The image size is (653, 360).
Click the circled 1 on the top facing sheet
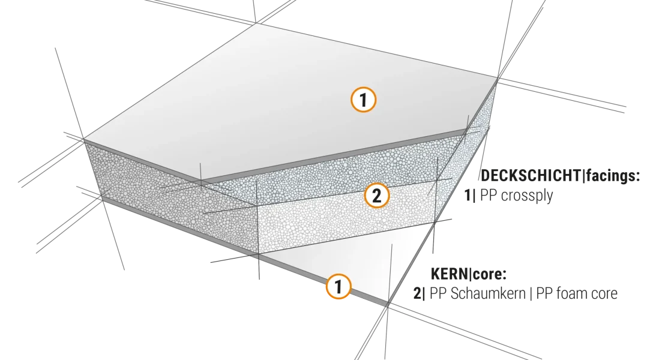click(363, 100)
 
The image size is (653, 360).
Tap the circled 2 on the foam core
click(376, 196)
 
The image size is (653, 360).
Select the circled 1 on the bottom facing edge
click(338, 286)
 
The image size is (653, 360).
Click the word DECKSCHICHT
click(531, 176)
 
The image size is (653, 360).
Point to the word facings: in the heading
click(613, 176)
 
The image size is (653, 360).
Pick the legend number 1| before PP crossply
click(470, 195)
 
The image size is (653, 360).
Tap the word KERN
click(450, 274)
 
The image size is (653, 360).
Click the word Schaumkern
click(489, 293)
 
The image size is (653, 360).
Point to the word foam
click(571, 293)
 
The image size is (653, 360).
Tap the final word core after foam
click(603, 294)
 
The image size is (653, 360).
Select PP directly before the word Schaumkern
click(438, 293)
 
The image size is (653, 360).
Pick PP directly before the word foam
click(544, 293)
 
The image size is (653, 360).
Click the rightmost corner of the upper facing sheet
click(498, 77)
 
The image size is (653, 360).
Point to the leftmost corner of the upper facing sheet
click(83, 139)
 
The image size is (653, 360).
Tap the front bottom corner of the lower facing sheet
click(387, 305)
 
